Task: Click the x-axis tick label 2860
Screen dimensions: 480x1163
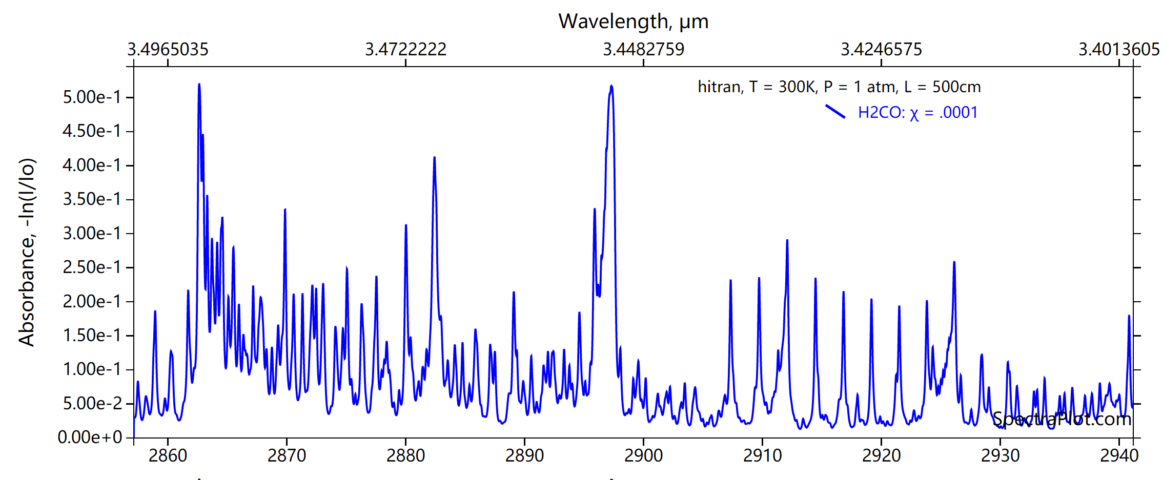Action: [168, 455]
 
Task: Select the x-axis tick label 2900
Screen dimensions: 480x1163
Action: [643, 455]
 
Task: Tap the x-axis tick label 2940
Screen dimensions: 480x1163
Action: [1119, 455]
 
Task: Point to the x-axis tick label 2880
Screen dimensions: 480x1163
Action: [405, 455]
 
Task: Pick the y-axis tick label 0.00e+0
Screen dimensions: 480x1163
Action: [90, 437]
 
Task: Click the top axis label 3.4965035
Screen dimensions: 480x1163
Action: [168, 49]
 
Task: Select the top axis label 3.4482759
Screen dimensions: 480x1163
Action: [643, 49]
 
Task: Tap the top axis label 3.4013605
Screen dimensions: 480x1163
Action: [1119, 49]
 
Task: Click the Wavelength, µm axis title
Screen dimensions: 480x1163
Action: [633, 22]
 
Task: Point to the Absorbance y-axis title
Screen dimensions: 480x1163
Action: [27, 252]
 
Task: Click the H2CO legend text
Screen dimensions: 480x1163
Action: [917, 112]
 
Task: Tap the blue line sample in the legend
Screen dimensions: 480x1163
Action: [835, 111]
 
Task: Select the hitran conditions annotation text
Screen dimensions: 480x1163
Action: [839, 87]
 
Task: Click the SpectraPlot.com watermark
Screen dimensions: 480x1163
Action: [1062, 419]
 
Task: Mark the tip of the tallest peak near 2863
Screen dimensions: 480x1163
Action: [199, 84]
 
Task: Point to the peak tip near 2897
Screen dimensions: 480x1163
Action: [611, 86]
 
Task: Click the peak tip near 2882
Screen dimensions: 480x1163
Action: [434, 157]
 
